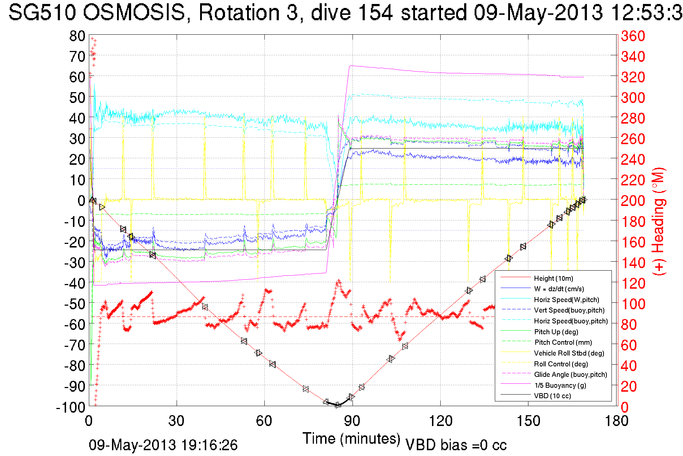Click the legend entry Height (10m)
point(553,278)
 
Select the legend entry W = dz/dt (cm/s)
point(559,289)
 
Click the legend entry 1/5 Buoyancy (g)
point(560,385)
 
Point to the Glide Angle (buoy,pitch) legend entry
point(570,375)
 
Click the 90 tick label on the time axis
point(352,421)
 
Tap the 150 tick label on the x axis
point(528,421)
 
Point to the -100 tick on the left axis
point(70,407)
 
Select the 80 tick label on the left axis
point(77,36)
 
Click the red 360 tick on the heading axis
point(633,36)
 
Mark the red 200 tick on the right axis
point(633,201)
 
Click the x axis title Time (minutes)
point(351,439)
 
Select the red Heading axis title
point(659,221)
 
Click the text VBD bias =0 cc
point(456,445)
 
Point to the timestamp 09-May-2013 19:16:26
point(163,445)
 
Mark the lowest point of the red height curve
point(338,405)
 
